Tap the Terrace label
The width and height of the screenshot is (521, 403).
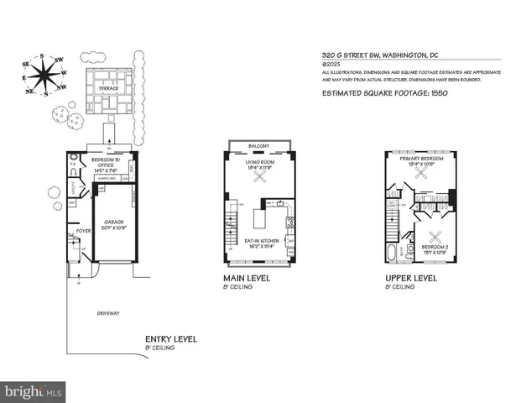click(111, 86)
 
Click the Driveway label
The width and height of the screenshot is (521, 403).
click(108, 313)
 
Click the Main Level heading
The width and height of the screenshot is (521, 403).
click(246, 278)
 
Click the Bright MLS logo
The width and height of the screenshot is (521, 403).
click(34, 391)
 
